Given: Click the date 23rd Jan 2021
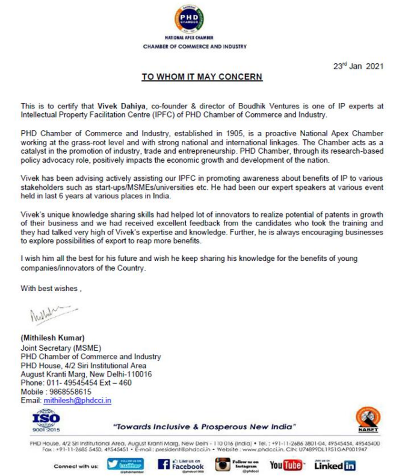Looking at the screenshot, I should click(358, 66).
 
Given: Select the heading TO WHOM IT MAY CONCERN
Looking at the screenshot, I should click(202, 77).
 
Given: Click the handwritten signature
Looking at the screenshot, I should click(46, 314).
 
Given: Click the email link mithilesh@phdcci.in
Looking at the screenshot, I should click(78, 400).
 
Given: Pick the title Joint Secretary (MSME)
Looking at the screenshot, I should click(61, 348).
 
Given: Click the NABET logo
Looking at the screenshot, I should click(366, 421).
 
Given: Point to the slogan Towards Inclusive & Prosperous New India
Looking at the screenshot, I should click(205, 427).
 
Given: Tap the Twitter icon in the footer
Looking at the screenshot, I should click(126, 465).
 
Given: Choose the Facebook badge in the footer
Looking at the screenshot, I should click(181, 465).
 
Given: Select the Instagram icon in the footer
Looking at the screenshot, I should click(223, 465).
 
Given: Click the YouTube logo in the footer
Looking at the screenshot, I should click(286, 465).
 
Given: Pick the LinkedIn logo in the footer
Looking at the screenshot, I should click(335, 465).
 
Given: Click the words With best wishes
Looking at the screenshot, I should click(50, 289).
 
